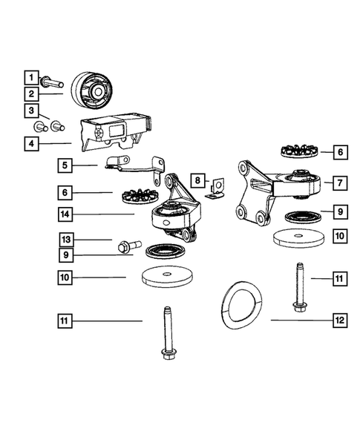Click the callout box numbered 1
[30, 76]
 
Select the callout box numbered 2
[30, 94]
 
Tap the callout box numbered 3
[30, 112]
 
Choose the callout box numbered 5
[65, 165]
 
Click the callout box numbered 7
[339, 181]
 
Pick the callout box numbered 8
[197, 180]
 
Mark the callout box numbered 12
[339, 321]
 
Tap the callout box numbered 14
[65, 214]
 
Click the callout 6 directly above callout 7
[339, 152]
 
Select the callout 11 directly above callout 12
[339, 279]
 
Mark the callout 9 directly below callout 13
[65, 255]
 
